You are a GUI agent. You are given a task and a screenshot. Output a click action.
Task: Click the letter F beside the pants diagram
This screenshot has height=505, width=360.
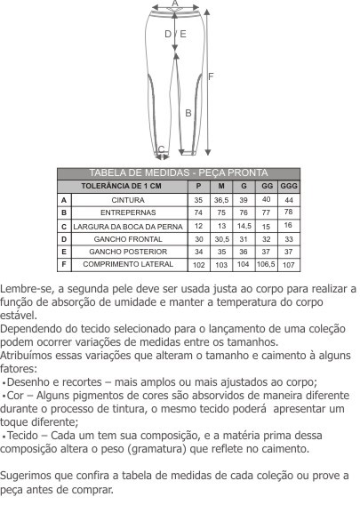[x=211, y=76]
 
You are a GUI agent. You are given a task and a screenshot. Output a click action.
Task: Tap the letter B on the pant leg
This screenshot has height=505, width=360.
[x=188, y=113]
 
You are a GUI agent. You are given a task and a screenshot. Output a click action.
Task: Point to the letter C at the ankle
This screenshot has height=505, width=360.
[x=161, y=149]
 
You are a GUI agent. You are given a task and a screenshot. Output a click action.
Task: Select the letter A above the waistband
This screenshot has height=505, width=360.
[x=175, y=4]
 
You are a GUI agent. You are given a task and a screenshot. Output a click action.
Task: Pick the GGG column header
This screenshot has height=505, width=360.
[x=289, y=187]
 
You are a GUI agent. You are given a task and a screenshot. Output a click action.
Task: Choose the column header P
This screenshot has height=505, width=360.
[x=198, y=187]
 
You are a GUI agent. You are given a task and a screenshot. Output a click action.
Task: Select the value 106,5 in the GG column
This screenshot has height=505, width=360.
[x=266, y=265]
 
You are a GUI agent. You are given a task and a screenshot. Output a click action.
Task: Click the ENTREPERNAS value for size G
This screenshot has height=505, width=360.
[x=244, y=213]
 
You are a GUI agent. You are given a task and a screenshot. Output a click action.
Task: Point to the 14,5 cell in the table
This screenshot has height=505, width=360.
[x=244, y=227]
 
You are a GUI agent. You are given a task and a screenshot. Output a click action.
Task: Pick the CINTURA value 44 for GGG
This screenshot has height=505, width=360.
[x=289, y=201]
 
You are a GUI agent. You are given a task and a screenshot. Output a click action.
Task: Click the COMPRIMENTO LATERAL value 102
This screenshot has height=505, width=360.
[x=198, y=265]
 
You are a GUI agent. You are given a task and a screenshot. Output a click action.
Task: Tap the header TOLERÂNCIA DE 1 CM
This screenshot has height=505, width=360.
[x=121, y=187]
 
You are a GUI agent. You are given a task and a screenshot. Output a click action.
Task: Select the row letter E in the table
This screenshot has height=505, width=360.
[x=64, y=252]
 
